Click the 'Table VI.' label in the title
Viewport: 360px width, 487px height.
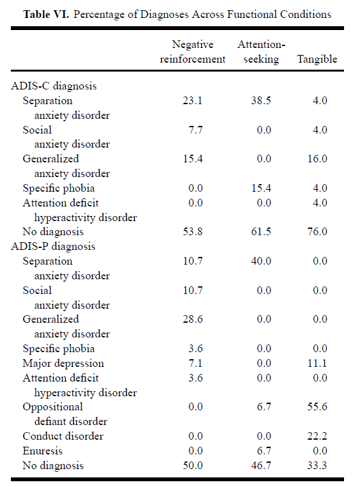pos(46,14)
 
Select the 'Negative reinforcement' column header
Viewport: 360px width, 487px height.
pos(192,52)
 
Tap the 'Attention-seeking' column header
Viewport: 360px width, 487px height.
pos(262,52)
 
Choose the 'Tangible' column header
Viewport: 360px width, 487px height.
pos(317,59)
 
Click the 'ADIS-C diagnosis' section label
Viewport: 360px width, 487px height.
pos(54,86)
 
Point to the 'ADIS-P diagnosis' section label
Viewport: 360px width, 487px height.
pos(53,247)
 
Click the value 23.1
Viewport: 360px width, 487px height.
pos(192,100)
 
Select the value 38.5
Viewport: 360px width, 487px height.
pos(261,100)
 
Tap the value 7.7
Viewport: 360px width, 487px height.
pos(196,130)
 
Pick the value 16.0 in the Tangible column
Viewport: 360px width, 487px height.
pos(317,158)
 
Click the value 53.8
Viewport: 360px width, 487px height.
pos(192,232)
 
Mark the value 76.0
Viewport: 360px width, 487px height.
pos(317,232)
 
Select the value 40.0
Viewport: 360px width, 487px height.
pos(261,261)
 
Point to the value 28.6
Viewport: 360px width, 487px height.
pos(192,320)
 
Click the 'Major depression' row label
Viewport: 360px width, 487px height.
pos(63,364)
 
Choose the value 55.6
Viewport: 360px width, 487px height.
pos(317,407)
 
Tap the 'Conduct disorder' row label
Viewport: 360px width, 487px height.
pos(63,437)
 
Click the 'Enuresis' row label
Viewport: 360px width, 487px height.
pos(43,451)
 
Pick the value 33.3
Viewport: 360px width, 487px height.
pos(317,465)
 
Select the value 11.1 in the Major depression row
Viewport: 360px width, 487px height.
pos(317,364)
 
